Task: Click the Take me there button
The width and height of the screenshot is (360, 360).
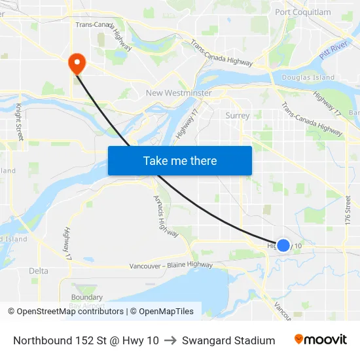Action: tap(180, 160)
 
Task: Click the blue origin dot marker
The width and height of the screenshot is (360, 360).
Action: tap(283, 245)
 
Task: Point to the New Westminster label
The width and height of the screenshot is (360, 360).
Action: tap(179, 93)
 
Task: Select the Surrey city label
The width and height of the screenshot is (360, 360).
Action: tap(237, 116)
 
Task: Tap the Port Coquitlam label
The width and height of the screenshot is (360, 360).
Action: tap(303, 12)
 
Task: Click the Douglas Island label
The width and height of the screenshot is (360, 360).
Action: tap(308, 78)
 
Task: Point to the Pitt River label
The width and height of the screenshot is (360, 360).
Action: tap(333, 50)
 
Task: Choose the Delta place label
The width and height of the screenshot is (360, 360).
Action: tap(39, 271)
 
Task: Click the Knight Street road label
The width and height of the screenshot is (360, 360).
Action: tap(20, 122)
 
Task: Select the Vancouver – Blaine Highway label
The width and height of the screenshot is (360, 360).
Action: tap(171, 265)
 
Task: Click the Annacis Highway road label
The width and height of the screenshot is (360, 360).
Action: tap(161, 213)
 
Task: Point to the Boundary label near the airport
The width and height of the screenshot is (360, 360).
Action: tap(86, 298)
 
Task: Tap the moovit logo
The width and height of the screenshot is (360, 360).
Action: tap(320, 339)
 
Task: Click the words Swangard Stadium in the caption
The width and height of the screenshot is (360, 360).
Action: tap(228, 340)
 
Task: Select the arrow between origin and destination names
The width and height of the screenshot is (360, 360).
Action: tap(170, 340)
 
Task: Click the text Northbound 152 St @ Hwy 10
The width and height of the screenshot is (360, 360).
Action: tap(86, 340)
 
